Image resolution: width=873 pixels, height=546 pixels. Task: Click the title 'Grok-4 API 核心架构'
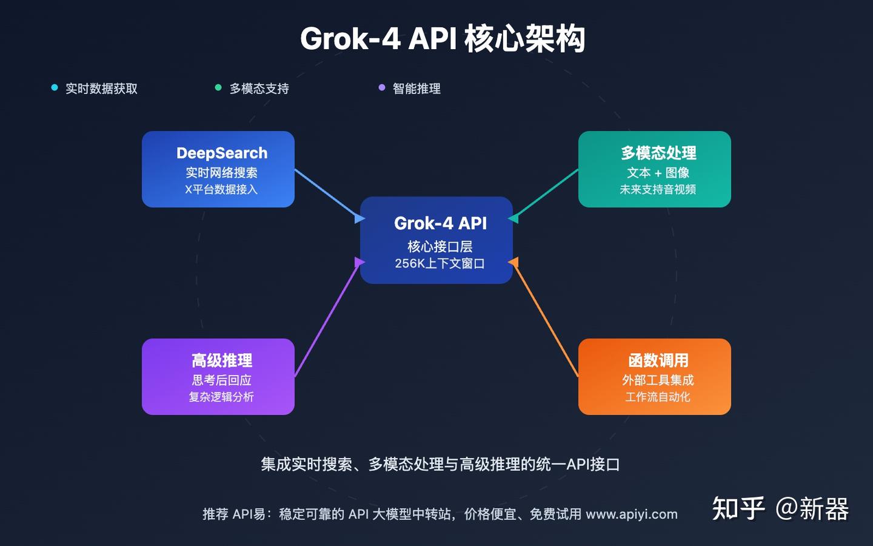443,39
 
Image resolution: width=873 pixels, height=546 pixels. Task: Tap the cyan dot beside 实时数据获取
55,88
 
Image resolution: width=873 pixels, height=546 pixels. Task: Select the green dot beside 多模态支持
218,88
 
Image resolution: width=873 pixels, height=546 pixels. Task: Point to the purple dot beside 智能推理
382,88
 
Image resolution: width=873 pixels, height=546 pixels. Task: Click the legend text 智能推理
416,89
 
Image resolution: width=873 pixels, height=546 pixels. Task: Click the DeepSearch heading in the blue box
222,153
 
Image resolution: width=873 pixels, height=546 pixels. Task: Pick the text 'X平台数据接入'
221,189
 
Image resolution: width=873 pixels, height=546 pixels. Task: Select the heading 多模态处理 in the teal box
658,153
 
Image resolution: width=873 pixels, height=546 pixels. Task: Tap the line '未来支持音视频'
658,189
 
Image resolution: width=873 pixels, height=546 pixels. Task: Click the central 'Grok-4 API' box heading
440,223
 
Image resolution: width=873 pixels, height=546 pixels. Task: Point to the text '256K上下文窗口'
440,263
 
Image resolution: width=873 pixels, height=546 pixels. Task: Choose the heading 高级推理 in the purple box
222,360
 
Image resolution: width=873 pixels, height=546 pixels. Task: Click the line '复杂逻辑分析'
221,397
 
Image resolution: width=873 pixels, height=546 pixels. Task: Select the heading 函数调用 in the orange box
658,360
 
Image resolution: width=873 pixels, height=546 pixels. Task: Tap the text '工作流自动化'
658,397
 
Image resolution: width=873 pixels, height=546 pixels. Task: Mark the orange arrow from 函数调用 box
546,318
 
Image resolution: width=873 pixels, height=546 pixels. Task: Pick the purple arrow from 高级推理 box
327,318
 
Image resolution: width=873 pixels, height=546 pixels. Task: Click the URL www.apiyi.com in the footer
632,514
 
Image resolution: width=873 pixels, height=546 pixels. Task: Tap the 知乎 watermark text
738,508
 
